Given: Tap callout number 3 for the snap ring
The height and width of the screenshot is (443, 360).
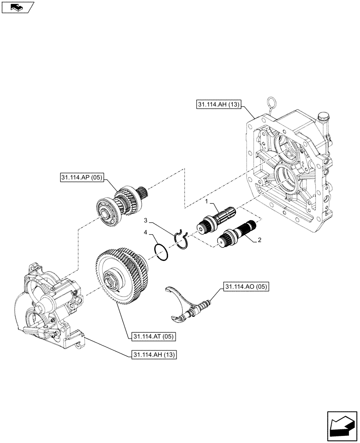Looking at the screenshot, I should pos(145,220).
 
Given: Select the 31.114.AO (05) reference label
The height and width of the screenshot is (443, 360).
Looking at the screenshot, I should pos(246,287).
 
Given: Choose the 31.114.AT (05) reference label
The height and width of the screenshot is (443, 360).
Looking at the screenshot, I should pos(153,337).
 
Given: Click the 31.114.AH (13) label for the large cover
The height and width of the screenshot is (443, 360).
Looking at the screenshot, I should pos(217,105).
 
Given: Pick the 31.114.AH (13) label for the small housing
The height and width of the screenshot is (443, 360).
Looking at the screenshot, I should pos(153,355).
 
